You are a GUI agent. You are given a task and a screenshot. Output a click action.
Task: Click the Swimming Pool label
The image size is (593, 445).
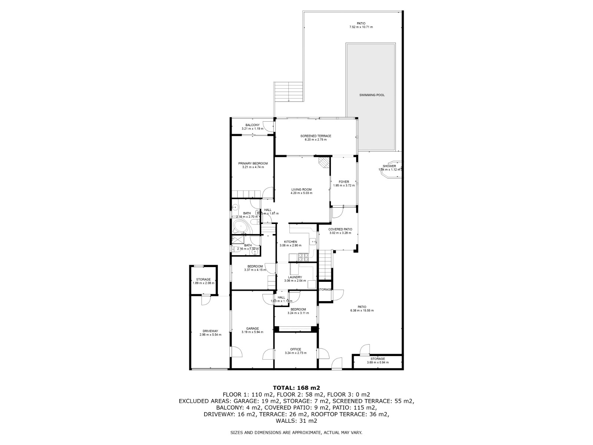372,95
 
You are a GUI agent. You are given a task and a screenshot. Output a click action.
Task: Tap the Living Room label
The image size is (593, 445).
301,189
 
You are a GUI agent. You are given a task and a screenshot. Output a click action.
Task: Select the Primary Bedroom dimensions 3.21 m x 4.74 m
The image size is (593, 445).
253,167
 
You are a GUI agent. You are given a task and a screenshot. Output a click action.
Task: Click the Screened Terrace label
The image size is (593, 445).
315,136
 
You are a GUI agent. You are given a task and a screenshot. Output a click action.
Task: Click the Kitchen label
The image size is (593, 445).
291,242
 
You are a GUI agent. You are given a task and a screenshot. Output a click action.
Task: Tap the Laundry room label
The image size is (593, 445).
295,277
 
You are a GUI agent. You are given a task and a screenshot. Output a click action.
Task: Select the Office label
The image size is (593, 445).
295,349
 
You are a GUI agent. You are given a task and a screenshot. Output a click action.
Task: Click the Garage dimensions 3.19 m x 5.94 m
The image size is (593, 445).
252,332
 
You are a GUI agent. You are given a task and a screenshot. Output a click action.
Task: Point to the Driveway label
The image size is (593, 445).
210,331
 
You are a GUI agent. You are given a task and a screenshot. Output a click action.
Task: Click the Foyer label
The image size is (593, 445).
344,182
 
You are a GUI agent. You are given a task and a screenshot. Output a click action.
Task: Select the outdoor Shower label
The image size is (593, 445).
389,166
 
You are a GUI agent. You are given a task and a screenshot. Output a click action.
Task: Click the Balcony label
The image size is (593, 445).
252,125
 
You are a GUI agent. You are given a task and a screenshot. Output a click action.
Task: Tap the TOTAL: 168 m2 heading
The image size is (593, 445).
296,388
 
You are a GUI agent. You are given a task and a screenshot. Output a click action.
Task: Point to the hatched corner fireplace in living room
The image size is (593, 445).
324,162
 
